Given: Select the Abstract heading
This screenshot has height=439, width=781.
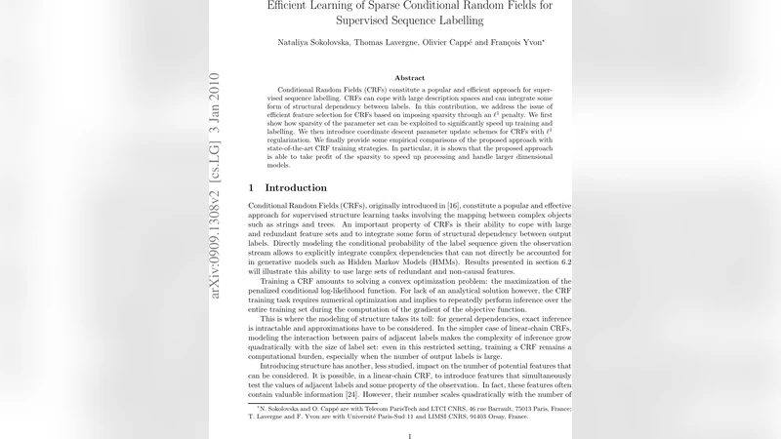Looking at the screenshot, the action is [409, 77].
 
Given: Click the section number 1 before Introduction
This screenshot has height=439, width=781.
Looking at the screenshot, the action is [251, 187].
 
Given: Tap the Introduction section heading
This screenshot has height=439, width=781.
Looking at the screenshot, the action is [296, 187].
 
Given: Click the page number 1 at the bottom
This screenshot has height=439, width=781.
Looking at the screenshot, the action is [409, 437].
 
